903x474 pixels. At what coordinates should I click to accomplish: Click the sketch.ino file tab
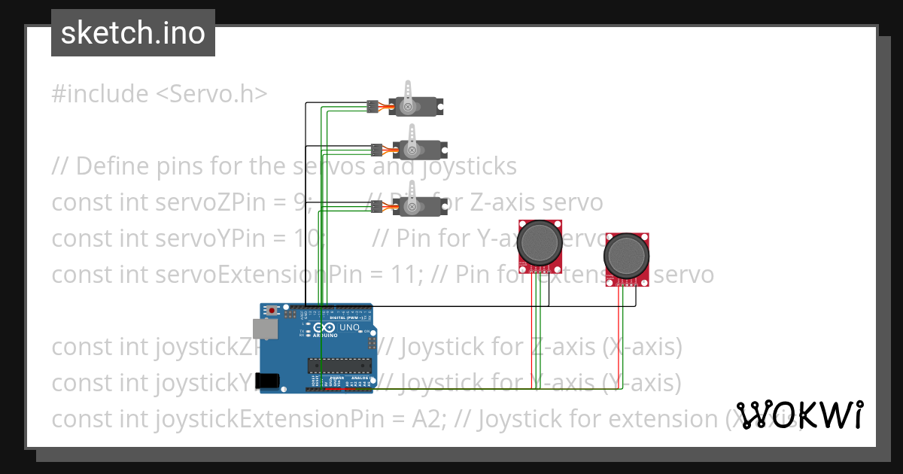point(133,33)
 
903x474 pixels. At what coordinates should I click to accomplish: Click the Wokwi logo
point(800,415)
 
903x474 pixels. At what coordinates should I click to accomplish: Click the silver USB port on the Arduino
point(266,329)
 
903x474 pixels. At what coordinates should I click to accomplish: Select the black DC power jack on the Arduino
point(269,381)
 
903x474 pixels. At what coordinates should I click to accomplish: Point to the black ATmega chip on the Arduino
point(339,366)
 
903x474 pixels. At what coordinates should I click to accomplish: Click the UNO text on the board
point(350,328)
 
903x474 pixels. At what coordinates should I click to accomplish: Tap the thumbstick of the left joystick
point(540,242)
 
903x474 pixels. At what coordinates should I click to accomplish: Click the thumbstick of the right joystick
point(626,256)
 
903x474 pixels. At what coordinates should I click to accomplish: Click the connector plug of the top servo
point(372,107)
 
